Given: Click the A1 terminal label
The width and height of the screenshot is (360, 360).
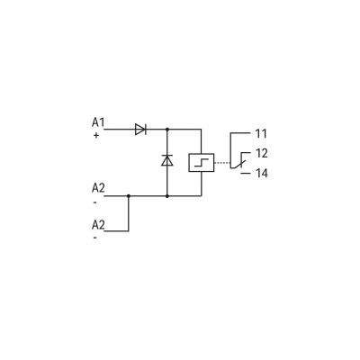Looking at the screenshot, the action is click(98, 122).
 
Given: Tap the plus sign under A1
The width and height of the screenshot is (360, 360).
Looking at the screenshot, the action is click(96, 136).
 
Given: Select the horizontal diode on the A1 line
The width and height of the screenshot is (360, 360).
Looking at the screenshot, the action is click(140, 130).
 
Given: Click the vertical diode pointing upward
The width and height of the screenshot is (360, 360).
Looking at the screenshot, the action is click(167, 160).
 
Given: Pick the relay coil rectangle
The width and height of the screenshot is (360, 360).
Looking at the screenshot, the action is click(202, 162).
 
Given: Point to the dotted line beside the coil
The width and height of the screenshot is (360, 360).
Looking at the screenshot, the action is click(222, 163).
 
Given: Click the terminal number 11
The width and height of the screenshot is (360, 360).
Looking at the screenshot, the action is click(261, 133).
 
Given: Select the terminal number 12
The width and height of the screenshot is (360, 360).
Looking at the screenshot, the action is click(261, 153).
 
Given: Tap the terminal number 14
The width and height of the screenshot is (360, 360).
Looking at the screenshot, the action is click(261, 173).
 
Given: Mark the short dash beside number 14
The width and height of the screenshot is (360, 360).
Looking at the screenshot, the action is click(245, 173).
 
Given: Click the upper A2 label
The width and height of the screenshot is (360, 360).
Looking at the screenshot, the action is click(98, 188).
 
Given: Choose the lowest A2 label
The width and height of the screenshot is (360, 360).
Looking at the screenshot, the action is click(98, 225).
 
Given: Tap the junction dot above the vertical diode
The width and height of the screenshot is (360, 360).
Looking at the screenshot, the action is click(167, 130).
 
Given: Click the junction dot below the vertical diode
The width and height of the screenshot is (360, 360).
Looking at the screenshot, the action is click(167, 196).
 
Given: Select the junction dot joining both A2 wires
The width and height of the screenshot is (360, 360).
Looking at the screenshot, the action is click(129, 196).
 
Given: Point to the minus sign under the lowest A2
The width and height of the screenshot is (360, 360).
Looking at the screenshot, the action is click(95, 238).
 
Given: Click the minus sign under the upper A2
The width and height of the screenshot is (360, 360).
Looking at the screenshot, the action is click(95, 202).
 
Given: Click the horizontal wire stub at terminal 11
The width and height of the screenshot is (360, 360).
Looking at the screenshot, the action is click(240, 132).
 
